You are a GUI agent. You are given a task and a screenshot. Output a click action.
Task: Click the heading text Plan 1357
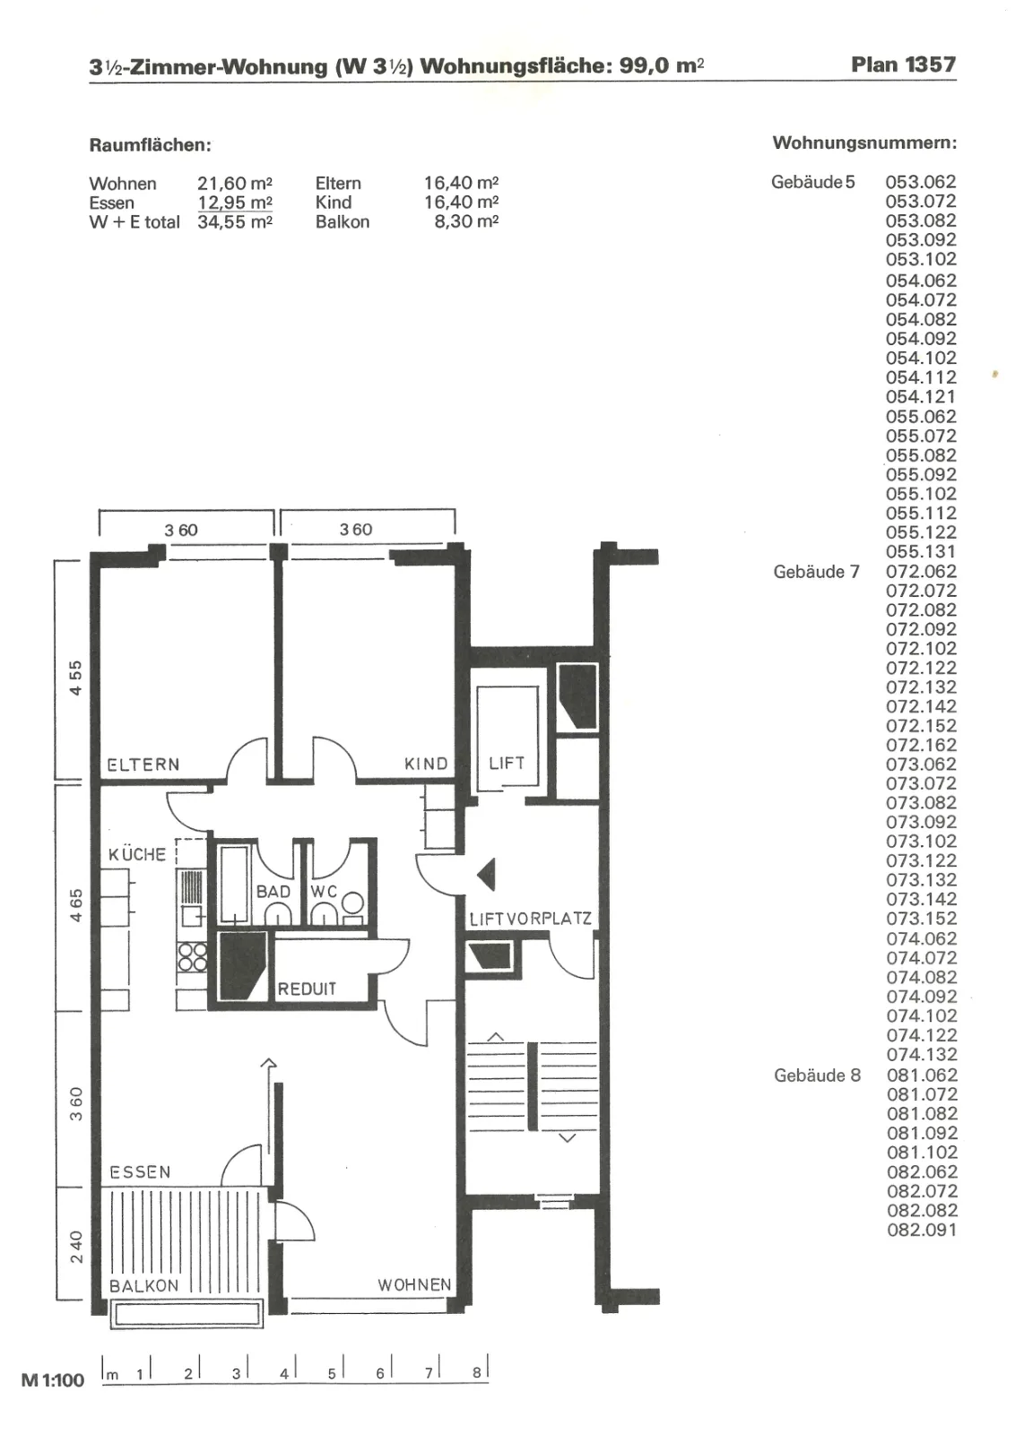pos(903,65)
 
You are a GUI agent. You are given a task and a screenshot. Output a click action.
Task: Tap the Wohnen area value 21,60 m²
pos(235,184)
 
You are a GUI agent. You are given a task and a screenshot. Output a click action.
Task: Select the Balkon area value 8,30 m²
pos(466,221)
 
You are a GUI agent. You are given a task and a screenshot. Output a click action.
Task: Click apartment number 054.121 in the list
pos(920,397)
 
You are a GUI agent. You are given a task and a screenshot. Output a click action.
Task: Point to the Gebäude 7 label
pos(816,572)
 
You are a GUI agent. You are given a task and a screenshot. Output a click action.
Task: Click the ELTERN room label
pos(143,765)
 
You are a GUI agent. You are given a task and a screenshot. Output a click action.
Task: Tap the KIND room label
pos(426,764)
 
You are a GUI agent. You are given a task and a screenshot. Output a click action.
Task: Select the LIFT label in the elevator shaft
pos(507,763)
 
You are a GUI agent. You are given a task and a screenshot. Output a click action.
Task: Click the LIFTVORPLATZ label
pos(530,920)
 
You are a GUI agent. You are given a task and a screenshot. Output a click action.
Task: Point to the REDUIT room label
pos(307,989)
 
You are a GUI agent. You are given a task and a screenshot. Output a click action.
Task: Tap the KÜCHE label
pos(137,854)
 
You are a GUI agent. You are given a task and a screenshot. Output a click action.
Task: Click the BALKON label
pos(143,1286)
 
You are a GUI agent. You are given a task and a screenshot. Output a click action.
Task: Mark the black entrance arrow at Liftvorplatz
pos(486,874)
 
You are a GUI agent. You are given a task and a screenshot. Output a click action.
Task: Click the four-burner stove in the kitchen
pos(192,957)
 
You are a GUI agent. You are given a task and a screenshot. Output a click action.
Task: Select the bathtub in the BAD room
pos(234,884)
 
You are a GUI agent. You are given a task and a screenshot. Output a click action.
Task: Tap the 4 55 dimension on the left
pos(75,678)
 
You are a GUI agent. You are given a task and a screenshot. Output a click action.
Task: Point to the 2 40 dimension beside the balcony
pos(76,1247)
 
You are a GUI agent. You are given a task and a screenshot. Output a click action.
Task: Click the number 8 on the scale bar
pos(476,1373)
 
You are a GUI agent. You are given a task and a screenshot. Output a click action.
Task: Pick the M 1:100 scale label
pos(53,1380)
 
